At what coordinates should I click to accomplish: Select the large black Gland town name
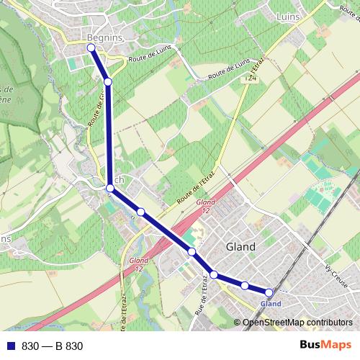pos(240,246)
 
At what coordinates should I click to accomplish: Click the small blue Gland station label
pos(270,304)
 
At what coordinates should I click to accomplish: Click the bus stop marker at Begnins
pos(91,48)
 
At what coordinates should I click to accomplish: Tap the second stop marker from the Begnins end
pos(108,82)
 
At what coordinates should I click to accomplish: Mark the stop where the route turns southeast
pos(110,189)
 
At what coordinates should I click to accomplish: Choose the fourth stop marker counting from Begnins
pos(141,211)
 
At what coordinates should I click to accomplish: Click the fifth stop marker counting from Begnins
pos(192,251)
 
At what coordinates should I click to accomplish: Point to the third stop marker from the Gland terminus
pos(214,274)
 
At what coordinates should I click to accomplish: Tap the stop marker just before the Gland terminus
pos(245,286)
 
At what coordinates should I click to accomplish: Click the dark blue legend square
pos(9,346)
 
